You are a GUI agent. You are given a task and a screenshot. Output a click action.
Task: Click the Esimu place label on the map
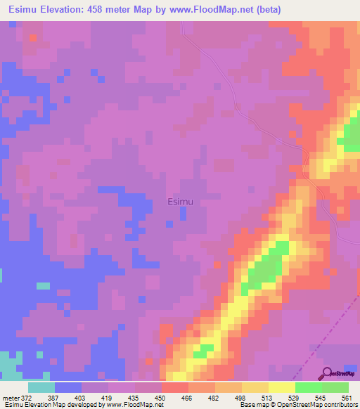[181, 202]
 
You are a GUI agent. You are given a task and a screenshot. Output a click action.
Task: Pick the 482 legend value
[212, 398]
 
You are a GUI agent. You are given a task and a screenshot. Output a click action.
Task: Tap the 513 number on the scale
[264, 398]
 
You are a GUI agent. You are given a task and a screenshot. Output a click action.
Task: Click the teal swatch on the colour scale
[41, 387]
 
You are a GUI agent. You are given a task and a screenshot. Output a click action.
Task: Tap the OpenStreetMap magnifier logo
[327, 373]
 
